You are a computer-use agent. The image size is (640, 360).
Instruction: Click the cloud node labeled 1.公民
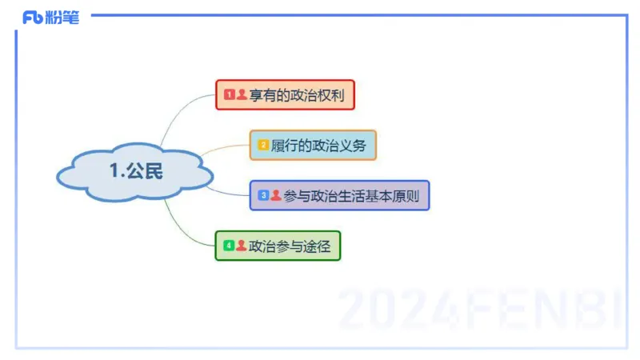134,171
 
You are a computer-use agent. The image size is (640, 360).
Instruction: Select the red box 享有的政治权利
285,95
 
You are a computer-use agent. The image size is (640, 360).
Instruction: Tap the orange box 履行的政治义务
312,145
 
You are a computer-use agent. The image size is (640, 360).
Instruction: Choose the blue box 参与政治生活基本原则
340,195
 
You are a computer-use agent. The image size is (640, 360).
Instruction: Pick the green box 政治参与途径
278,246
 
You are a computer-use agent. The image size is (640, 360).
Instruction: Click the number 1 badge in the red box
229,95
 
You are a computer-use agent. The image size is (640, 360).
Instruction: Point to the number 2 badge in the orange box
262,145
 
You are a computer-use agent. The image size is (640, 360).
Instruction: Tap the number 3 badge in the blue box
263,195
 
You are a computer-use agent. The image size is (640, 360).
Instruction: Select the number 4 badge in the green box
229,246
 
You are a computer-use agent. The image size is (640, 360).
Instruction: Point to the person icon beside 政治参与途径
241,246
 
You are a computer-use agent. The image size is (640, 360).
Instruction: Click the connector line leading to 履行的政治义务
224,147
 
